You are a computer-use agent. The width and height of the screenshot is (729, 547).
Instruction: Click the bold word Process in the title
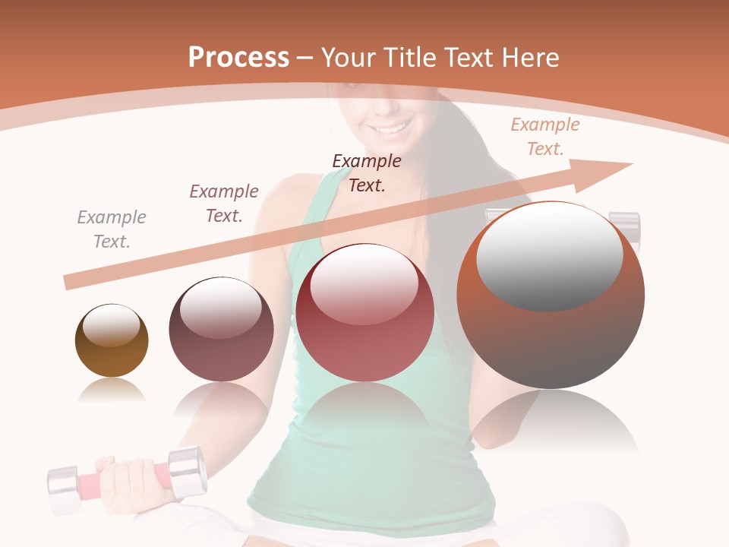coord(238,58)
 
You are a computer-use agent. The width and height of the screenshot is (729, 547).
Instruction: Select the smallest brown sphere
coord(112,340)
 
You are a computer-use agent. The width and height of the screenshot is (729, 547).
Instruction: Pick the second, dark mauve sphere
coord(221,329)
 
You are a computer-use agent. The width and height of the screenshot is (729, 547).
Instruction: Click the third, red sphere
coord(364,312)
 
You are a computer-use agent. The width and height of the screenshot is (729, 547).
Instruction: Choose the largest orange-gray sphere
coord(551,295)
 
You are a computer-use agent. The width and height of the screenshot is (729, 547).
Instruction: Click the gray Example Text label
coord(112,229)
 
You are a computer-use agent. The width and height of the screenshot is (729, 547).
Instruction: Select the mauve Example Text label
coord(224,204)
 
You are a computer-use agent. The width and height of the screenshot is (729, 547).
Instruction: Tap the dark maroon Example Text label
coord(367,173)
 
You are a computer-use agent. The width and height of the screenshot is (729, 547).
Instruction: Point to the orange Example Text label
coord(545,137)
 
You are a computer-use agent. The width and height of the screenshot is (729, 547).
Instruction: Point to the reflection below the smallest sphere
coord(112,390)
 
